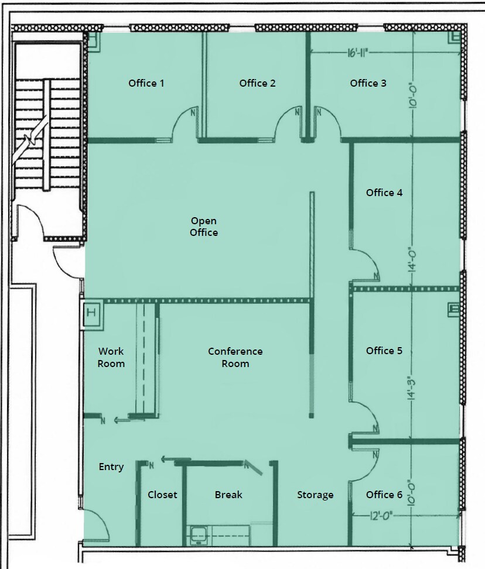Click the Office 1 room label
click(146, 83)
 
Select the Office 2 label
click(257, 83)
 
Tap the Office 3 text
click(368, 83)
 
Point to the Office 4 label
click(384, 193)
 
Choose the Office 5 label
click(384, 351)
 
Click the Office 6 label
click(384, 495)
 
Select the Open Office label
click(204, 227)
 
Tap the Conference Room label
click(235, 357)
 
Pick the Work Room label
click(111, 357)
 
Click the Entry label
click(111, 467)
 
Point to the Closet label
click(162, 495)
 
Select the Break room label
click(228, 495)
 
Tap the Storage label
click(315, 495)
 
